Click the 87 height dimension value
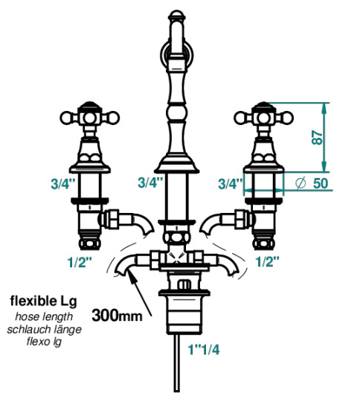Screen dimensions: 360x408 (318, 137)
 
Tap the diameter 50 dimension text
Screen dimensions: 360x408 (312, 183)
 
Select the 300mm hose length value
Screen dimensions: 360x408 (117, 316)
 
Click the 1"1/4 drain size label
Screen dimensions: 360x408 (204, 350)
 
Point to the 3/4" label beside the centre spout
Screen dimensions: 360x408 (150, 182)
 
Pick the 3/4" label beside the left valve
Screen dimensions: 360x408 (63, 184)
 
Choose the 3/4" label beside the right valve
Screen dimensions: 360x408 (231, 184)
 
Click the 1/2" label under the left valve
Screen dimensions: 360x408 (80, 262)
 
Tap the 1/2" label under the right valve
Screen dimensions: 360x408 (268, 261)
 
